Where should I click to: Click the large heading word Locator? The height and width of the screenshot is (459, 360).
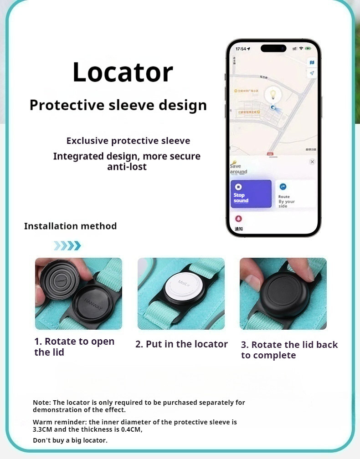pos(123,72)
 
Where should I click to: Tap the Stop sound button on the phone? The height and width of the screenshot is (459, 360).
pos(251,194)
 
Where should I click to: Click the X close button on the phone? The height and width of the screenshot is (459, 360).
pos(312,162)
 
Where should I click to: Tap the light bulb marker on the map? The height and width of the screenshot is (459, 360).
pos(273,95)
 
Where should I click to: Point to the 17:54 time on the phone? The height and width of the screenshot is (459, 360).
pos(241,49)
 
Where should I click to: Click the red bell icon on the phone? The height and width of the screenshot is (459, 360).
pos(238,219)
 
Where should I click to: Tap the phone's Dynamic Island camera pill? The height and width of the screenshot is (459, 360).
pos(273,48)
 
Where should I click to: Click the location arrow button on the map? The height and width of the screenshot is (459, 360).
pos(312,73)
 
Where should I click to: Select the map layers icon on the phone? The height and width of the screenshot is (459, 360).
pos(312,62)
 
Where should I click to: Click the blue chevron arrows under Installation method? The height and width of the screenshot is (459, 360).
pos(67,246)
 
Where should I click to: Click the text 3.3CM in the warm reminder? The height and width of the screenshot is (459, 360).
pos(42,429)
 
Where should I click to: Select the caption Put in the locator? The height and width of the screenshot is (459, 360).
pos(181,344)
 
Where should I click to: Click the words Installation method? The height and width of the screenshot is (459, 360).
pos(70,226)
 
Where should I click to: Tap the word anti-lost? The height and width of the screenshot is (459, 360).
pos(127,167)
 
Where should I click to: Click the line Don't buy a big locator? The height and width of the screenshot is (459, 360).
pos(70,440)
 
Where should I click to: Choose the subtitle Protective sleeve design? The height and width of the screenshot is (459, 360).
pos(118,105)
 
